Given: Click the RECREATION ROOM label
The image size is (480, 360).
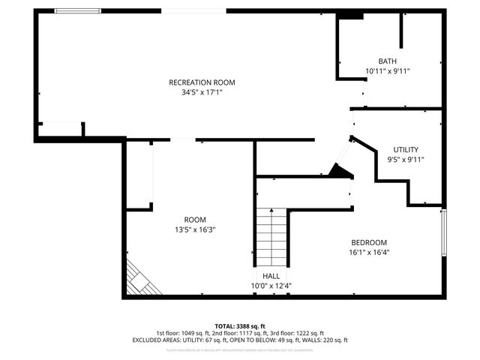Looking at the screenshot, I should (x=202, y=82).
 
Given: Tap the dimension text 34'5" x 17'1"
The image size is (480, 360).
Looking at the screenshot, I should (x=202, y=92).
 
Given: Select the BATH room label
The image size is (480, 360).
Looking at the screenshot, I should (x=387, y=61).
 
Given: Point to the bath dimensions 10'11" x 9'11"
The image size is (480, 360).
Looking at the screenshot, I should (x=387, y=71).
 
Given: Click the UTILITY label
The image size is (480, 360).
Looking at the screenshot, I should (x=406, y=149).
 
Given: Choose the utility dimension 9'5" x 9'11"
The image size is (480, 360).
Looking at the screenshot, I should (x=406, y=159).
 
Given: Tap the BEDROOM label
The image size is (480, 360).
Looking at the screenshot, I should (x=370, y=242).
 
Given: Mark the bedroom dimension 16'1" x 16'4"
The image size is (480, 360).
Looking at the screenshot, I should (x=370, y=253).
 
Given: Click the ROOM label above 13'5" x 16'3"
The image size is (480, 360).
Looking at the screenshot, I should (x=195, y=220).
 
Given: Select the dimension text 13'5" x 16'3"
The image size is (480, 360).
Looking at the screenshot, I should (x=195, y=229).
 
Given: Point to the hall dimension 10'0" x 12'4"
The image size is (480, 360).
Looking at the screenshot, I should (x=271, y=286).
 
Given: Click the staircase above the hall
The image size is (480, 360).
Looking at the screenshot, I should (x=271, y=235).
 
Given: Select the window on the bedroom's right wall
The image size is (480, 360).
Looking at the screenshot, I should (x=443, y=232).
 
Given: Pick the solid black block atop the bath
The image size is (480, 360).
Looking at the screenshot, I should (x=350, y=16).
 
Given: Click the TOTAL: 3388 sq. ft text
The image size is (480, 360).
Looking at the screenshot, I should (x=240, y=325).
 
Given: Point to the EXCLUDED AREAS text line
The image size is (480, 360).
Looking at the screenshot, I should (x=240, y=340).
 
